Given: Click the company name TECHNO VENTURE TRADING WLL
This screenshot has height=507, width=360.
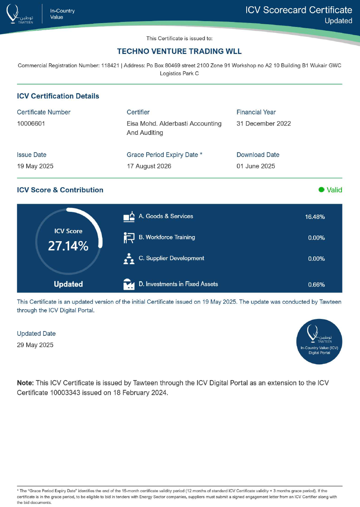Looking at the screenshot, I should [179, 52].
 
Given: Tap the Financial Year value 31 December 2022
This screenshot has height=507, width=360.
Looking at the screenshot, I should [263, 124].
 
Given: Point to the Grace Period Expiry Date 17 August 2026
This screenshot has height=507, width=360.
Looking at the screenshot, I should [149, 166].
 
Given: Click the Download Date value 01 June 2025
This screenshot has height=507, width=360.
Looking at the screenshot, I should [256, 166].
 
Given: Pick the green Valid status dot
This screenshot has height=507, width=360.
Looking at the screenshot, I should [322, 190].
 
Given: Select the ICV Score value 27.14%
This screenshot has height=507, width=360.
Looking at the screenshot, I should [68, 246].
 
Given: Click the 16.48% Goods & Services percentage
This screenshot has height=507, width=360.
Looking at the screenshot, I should [315, 217].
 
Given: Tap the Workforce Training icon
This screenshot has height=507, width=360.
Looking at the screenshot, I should [129, 238].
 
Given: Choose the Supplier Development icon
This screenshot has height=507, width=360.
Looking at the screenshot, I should [129, 259].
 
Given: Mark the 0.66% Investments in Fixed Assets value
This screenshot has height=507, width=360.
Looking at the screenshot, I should [316, 285].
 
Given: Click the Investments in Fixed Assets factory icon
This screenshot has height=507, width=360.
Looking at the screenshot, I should [129, 284].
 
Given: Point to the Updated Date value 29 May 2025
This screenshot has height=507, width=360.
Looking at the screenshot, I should [35, 345].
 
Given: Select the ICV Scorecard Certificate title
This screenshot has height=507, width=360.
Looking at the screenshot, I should [299, 10].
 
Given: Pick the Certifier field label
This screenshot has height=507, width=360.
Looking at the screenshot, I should [138, 112].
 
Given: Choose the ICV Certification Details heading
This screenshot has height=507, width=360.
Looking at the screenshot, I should [58, 96].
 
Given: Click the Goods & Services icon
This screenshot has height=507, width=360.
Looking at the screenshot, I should [129, 217].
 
